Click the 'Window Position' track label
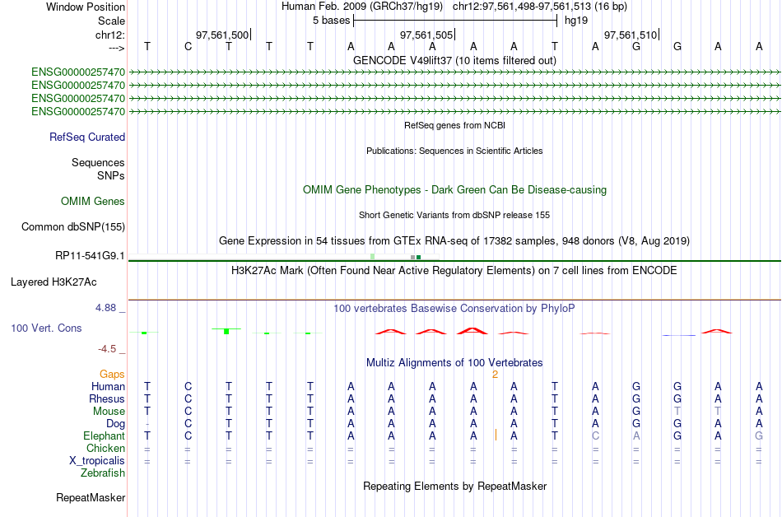click(x=86, y=7)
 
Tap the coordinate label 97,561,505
click(x=426, y=35)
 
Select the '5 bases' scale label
click(x=331, y=21)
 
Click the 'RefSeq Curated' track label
click(x=87, y=137)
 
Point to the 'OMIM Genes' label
click(x=93, y=202)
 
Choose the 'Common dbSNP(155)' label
click(x=73, y=227)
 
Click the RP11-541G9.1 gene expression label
click(x=90, y=256)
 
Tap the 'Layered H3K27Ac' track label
click(x=54, y=282)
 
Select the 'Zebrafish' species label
click(x=103, y=473)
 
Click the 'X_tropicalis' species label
click(x=97, y=461)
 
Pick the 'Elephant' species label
click(x=104, y=436)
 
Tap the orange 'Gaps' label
click(x=112, y=375)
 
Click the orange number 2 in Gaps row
click(x=495, y=375)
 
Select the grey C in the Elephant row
click(x=595, y=436)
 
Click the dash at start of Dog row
click(x=147, y=424)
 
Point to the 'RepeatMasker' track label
click(x=91, y=497)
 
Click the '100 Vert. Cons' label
click(x=46, y=328)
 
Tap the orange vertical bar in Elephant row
click(x=496, y=435)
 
